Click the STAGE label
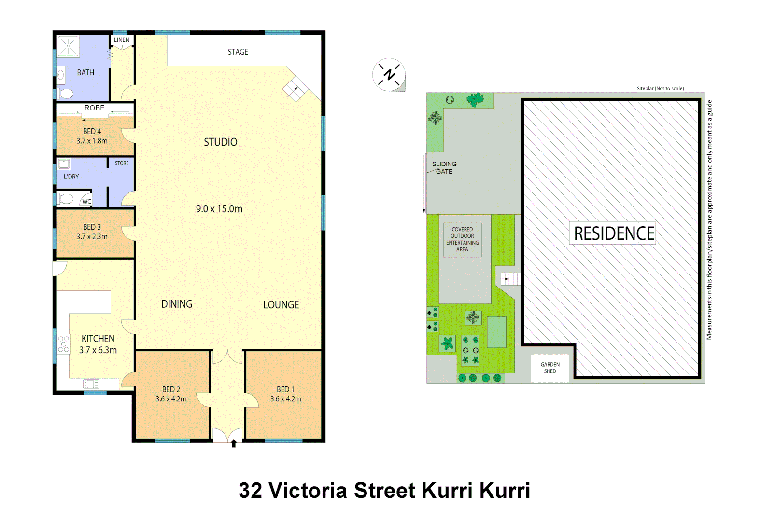pos(238,52)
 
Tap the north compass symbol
pos(389,75)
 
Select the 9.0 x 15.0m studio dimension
pos(219,209)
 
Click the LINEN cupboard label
pos(122,40)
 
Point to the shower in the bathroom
pos(68,46)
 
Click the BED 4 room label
pos(92,131)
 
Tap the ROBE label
pos(94,108)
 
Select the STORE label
pos(122,163)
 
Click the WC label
pos(86,202)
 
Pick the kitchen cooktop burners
pos(63,344)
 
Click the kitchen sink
pos(91,384)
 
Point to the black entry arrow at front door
pos(234,443)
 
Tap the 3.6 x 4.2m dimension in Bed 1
pos(285,399)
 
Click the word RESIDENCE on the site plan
pos(613,233)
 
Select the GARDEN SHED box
pos(550,368)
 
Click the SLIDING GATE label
pos(444,167)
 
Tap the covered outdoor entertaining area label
pos(462,239)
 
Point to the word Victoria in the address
pos(308,491)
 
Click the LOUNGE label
pos(281,305)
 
